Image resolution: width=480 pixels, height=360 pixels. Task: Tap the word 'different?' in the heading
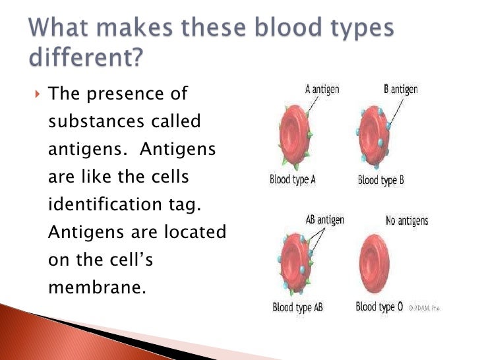[86, 59]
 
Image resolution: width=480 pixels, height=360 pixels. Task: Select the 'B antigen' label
[400, 88]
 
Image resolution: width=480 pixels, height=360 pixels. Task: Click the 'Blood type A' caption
[293, 179]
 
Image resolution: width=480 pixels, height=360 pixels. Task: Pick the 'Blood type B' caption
[380, 179]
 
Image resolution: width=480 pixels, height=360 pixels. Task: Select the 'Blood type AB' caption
[297, 307]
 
